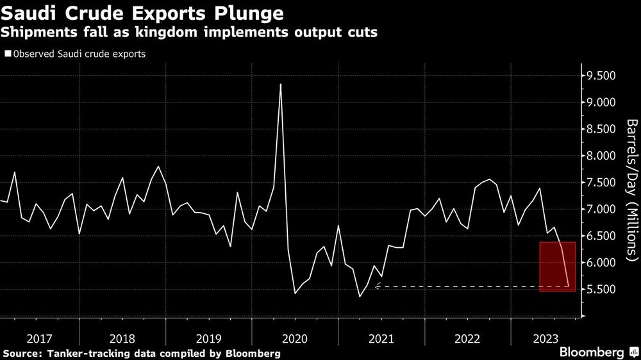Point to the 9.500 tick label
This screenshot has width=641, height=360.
602,76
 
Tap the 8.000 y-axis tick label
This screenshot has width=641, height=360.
602,156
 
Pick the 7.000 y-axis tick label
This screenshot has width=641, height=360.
602,209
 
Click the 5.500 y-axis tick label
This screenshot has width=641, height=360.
602,290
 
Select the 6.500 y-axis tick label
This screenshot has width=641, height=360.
602,236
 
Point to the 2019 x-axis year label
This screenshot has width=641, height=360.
208,338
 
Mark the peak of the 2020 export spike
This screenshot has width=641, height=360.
281,84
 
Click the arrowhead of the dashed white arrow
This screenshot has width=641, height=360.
377,287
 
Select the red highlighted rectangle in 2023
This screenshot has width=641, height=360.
558,266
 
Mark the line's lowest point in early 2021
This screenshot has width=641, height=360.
359,297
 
